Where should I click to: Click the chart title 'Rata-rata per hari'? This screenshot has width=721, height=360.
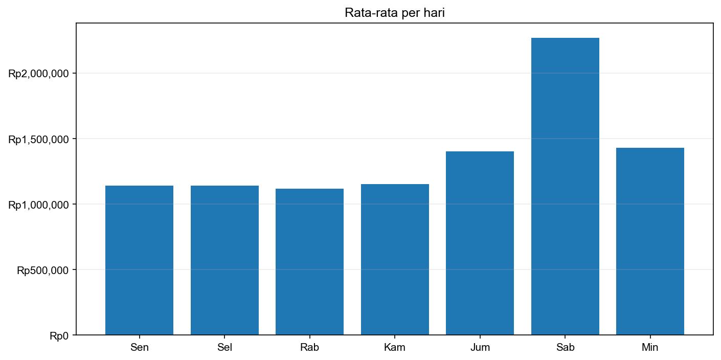[394, 13]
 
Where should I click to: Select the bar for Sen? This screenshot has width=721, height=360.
[139, 260]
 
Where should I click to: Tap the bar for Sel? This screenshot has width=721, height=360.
[224, 260]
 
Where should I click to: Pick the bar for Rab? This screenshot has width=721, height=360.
[309, 262]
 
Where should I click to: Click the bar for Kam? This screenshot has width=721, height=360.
[395, 259]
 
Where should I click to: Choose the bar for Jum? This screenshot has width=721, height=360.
[480, 243]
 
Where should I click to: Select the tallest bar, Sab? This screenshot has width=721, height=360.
[565, 186]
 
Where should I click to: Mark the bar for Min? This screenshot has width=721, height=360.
[650, 241]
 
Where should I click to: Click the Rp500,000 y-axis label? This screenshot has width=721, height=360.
[42, 271]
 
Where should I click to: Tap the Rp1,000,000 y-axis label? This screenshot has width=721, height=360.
[38, 205]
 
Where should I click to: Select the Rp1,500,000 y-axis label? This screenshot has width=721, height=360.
[38, 140]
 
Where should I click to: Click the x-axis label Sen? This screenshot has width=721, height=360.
[139, 348]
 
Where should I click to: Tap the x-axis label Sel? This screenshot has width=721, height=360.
[224, 348]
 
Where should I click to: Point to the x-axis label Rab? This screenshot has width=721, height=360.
[309, 348]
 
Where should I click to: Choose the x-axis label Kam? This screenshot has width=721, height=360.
[395, 348]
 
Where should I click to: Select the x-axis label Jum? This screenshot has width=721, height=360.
[480, 348]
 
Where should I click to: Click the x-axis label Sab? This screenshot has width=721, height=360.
[565, 348]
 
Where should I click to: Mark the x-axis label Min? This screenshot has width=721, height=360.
[650, 348]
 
